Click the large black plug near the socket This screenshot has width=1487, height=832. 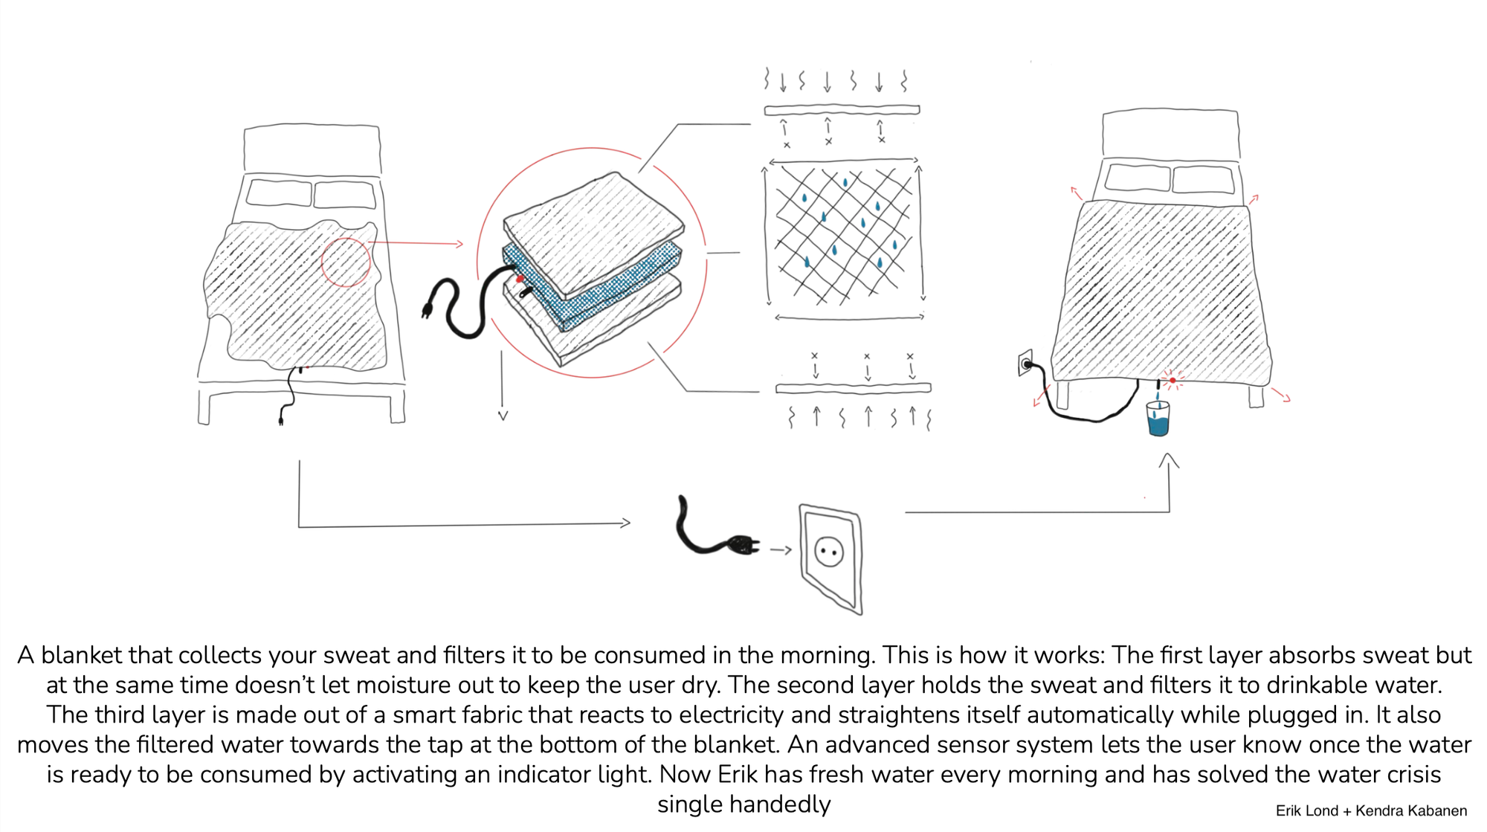point(741,546)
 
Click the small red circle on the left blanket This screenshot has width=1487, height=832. point(346,262)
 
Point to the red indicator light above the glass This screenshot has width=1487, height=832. point(1172,381)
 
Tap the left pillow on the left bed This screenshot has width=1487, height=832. point(278,192)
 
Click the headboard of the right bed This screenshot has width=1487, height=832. point(1170,135)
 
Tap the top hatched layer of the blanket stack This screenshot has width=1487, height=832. point(595,230)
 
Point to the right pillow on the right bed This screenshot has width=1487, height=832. point(1202,179)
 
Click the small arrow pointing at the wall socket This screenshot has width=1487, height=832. point(781,550)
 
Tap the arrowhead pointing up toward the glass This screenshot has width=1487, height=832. point(1169,461)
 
